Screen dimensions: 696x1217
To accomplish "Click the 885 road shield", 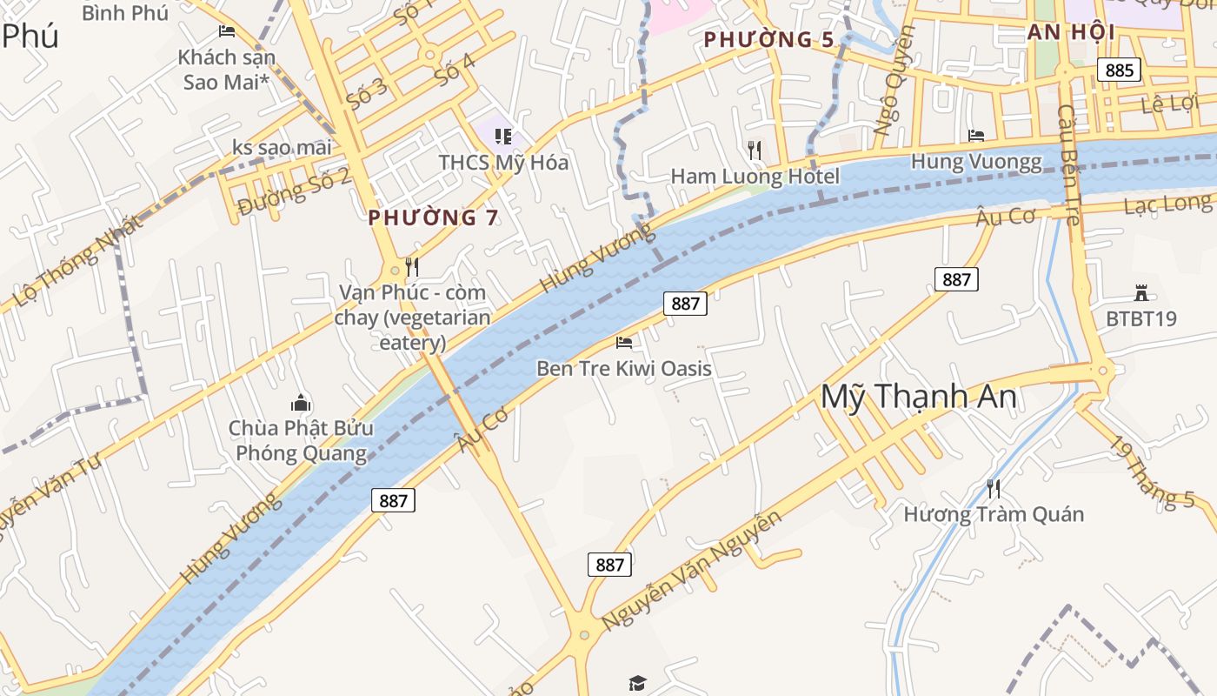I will [x=1119, y=70].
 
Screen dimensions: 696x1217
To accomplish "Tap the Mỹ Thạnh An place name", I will [x=918, y=397].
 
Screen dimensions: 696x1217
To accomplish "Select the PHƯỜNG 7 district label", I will [x=433, y=217].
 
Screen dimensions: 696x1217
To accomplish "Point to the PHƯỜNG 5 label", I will [x=768, y=39].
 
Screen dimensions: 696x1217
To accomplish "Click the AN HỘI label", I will [x=1071, y=33].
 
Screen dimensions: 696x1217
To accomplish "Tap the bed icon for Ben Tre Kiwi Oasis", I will [x=624, y=343].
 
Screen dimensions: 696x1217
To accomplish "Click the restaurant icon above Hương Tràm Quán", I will [x=993, y=488].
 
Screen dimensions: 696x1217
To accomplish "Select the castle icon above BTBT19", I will [x=1141, y=293].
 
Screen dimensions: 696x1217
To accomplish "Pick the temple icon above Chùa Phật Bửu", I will [x=301, y=403].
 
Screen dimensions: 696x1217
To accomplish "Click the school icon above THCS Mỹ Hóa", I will [x=502, y=136].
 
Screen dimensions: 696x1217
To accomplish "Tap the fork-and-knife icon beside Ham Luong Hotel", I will [x=755, y=151].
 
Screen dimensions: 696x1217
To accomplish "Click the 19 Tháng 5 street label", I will [x=1153, y=472].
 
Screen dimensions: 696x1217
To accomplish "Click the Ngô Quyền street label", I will [x=894, y=81].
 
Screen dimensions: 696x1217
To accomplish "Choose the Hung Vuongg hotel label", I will [x=976, y=162].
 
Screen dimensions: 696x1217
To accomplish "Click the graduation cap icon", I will [x=637, y=683].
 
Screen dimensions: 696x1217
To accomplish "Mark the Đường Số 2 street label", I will [x=294, y=191].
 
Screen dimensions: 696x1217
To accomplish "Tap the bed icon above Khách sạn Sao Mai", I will [x=227, y=32].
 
